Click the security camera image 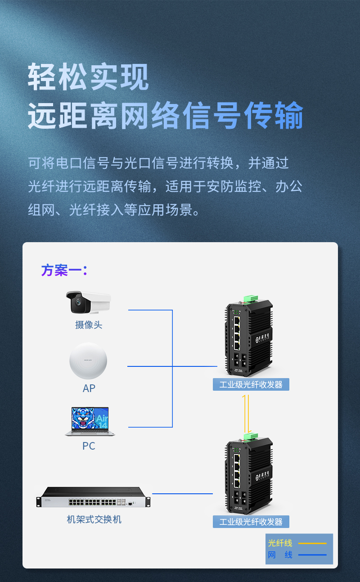(89, 302)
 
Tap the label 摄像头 (89, 325)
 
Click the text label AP (89, 388)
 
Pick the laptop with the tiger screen (90, 421)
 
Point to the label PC (89, 446)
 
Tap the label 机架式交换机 (94, 519)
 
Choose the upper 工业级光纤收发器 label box (251, 384)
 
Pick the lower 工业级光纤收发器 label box (251, 522)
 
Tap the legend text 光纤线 (280, 543)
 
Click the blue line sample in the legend (312, 555)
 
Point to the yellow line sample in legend (312, 543)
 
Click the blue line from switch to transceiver (182, 494)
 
